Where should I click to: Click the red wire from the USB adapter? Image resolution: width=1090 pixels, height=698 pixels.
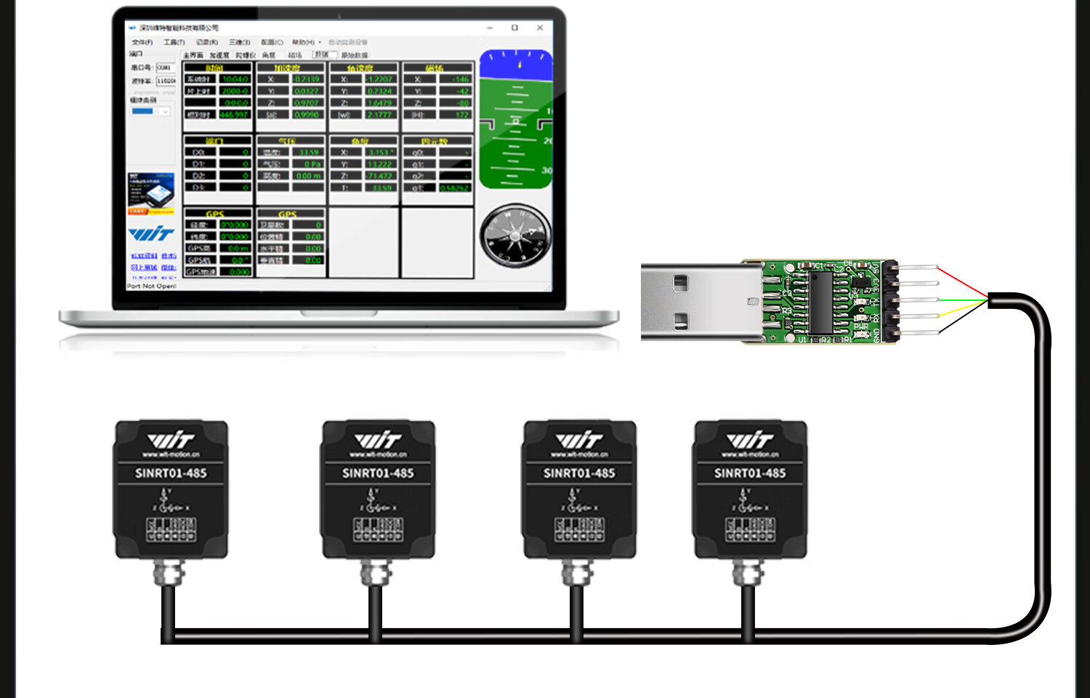[961, 282]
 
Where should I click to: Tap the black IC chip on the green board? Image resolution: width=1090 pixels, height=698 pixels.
[820, 302]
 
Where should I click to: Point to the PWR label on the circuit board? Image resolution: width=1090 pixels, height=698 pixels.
[861, 326]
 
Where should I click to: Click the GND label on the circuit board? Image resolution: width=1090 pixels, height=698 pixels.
[876, 335]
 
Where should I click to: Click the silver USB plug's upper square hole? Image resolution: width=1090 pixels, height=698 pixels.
[680, 283]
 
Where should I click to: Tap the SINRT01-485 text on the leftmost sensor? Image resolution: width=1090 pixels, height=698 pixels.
[171, 473]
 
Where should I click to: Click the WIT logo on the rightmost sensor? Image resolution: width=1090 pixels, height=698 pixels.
[750, 440]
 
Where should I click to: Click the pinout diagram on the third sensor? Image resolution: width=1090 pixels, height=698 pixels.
[579, 529]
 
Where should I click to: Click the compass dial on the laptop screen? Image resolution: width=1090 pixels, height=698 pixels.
[515, 236]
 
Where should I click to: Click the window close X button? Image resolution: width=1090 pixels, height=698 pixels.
[540, 28]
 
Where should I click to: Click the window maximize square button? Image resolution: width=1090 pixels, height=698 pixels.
[514, 28]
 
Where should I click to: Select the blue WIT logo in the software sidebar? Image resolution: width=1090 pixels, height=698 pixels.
[151, 233]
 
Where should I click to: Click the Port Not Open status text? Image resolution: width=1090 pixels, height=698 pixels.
[151, 286]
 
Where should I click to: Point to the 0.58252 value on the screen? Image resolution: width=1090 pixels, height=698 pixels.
[454, 188]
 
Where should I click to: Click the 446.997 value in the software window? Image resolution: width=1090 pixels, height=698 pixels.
[234, 115]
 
